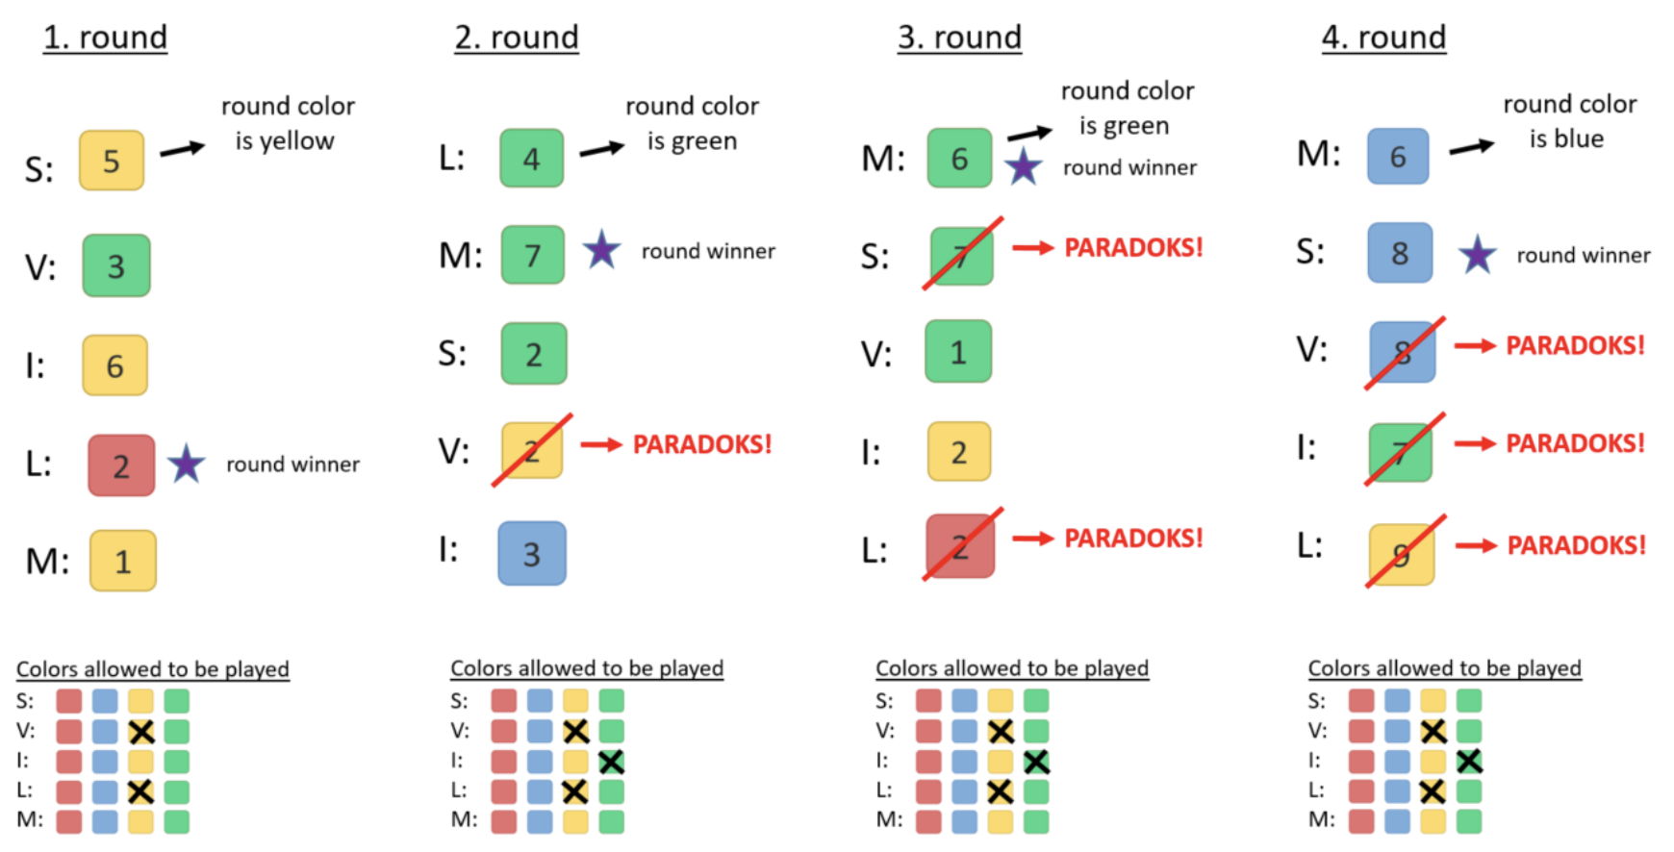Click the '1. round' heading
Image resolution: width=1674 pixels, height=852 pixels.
[x=105, y=38]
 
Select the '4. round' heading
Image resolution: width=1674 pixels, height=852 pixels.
[x=1383, y=38]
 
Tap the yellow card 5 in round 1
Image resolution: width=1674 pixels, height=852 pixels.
[x=112, y=161]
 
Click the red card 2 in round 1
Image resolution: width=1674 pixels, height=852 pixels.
[x=121, y=465]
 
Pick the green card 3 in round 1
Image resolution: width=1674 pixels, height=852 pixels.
[x=116, y=265]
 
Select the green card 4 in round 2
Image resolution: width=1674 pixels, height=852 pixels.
[x=531, y=159]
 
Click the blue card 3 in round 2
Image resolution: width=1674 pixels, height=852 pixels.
[x=532, y=553]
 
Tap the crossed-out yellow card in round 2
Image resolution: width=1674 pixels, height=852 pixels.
[x=532, y=450]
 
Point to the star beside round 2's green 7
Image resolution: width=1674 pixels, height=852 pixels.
[x=601, y=250]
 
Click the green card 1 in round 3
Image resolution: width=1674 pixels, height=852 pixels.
[x=958, y=352]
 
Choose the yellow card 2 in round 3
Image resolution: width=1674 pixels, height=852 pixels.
[x=958, y=451]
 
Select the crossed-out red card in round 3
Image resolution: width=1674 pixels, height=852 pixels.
[x=960, y=546]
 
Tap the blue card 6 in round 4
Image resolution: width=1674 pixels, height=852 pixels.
[x=1398, y=156]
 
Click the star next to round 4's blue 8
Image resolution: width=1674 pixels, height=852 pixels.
[x=1477, y=255]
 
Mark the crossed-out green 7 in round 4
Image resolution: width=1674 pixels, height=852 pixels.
[x=1401, y=451]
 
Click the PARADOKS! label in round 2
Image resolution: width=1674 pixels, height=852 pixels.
[x=702, y=444]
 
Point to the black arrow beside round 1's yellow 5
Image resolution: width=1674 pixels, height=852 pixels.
[x=182, y=149]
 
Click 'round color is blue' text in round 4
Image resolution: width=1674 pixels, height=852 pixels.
[x=1569, y=121]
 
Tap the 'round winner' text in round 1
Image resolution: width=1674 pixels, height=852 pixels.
[x=292, y=464]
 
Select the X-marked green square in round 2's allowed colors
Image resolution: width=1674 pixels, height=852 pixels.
[x=611, y=762]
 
